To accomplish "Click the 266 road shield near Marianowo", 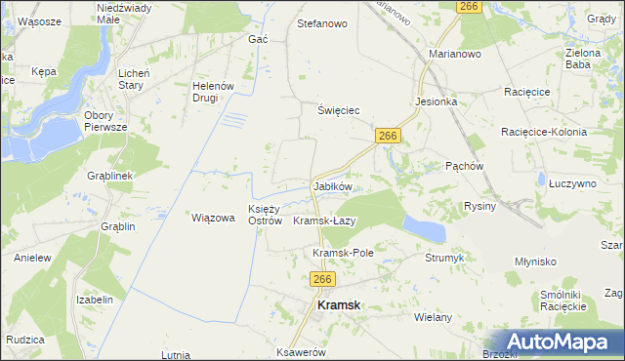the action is click(470, 7).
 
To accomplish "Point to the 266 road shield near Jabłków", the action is click(388, 137).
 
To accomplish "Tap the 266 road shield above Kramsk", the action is click(324, 279).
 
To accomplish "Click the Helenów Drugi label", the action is click(214, 92).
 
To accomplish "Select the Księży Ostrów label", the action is click(265, 215).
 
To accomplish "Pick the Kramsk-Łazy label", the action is click(324, 221).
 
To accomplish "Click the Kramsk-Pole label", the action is click(343, 253).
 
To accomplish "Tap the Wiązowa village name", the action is click(213, 218).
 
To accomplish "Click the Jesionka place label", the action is click(436, 100).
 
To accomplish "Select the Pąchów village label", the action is click(465, 166).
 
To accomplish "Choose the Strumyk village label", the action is click(443, 259).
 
